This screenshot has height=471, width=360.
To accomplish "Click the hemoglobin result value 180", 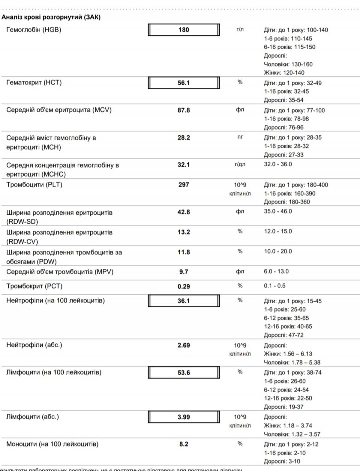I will (184, 30).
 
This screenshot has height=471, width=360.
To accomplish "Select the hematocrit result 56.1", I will (184, 83).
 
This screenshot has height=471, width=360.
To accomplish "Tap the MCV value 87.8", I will (184, 110).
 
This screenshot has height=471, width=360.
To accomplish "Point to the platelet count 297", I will (184, 185).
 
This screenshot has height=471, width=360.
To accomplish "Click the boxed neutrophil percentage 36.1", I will (184, 301).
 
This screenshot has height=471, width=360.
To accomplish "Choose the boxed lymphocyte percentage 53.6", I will (184, 373).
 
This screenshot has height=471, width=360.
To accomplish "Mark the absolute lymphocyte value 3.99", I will (184, 417).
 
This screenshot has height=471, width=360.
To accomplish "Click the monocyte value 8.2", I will (184, 444).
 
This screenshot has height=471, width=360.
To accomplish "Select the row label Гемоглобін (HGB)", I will (34, 30).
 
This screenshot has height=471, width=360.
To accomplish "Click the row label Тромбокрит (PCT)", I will (34, 286).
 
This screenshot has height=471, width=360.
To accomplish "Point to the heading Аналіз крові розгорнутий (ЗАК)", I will (51, 17).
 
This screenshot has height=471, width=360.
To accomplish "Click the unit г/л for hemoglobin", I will (240, 29).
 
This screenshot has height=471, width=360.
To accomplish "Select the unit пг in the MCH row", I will (240, 137).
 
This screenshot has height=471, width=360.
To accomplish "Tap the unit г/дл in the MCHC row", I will (240, 164).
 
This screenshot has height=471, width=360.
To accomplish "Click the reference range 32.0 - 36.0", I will (278, 164).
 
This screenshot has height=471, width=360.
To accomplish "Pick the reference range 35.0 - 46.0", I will (278, 212).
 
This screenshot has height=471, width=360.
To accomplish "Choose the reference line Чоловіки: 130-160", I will (288, 64).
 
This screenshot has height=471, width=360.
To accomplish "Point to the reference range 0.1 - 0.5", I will (274, 286).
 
